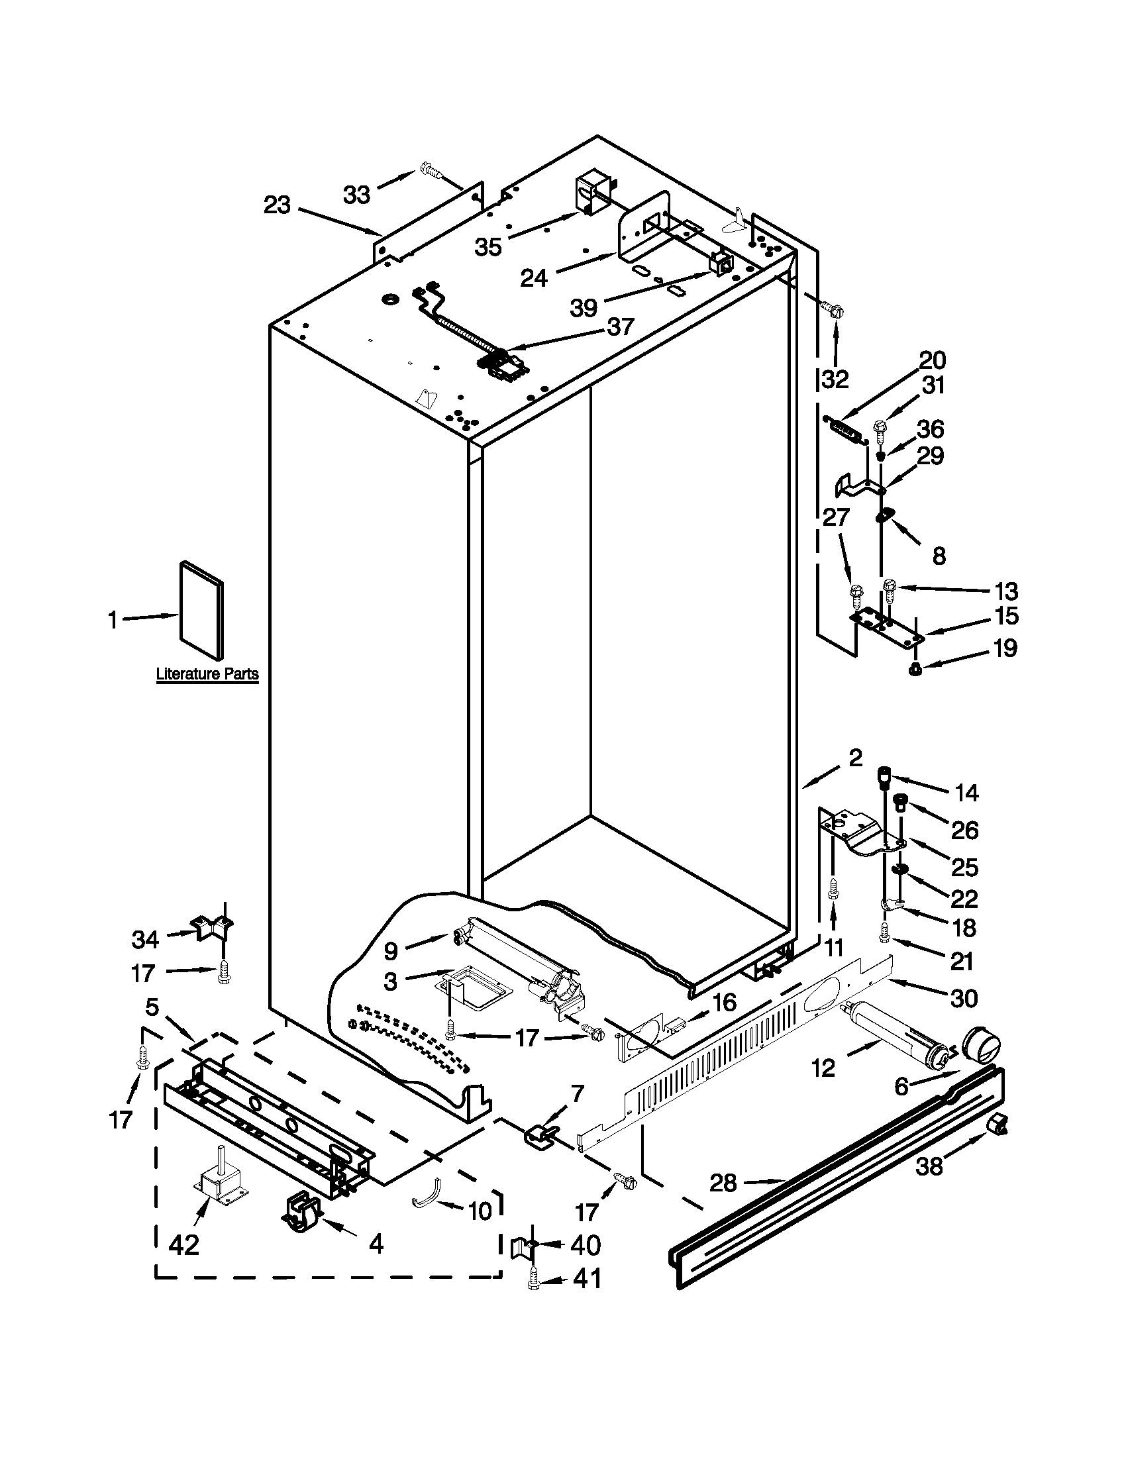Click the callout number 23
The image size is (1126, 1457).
pyautogui.click(x=277, y=205)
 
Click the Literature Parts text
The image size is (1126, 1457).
pyautogui.click(x=207, y=674)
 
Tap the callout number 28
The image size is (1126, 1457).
pyautogui.click(x=723, y=1183)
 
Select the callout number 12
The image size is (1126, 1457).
pyautogui.click(x=823, y=1068)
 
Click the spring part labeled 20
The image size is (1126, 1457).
pyautogui.click(x=845, y=427)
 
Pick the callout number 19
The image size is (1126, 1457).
pyautogui.click(x=1005, y=647)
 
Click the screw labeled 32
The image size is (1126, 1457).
pyautogui.click(x=833, y=309)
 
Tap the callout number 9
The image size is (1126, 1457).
pyautogui.click(x=391, y=950)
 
